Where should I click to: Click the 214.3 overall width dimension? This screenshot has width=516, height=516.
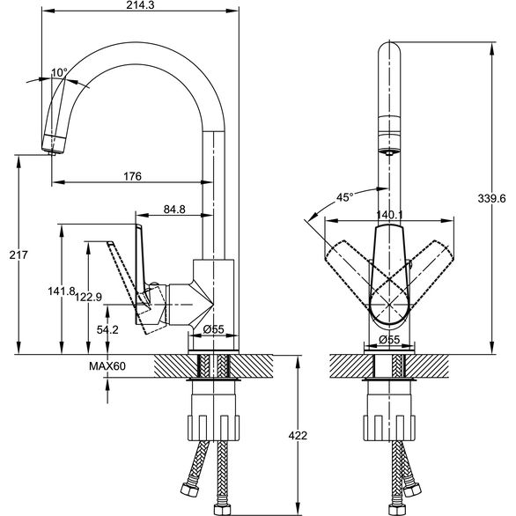coord(140,5)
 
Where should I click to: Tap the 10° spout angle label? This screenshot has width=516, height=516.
coord(59,72)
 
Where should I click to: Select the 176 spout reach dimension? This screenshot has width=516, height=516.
coord(132,176)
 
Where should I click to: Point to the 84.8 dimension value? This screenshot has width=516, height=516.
coord(174,209)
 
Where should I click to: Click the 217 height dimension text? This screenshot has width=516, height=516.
coord(18,254)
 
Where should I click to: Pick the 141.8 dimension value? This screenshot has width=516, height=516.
coord(62,291)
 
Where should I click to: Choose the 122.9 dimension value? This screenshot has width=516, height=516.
coord(88,297)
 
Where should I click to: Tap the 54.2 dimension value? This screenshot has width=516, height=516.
coord(107,329)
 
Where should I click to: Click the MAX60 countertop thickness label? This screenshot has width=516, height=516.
coord(107,366)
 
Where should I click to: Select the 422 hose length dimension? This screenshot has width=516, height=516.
coord(298,435)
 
